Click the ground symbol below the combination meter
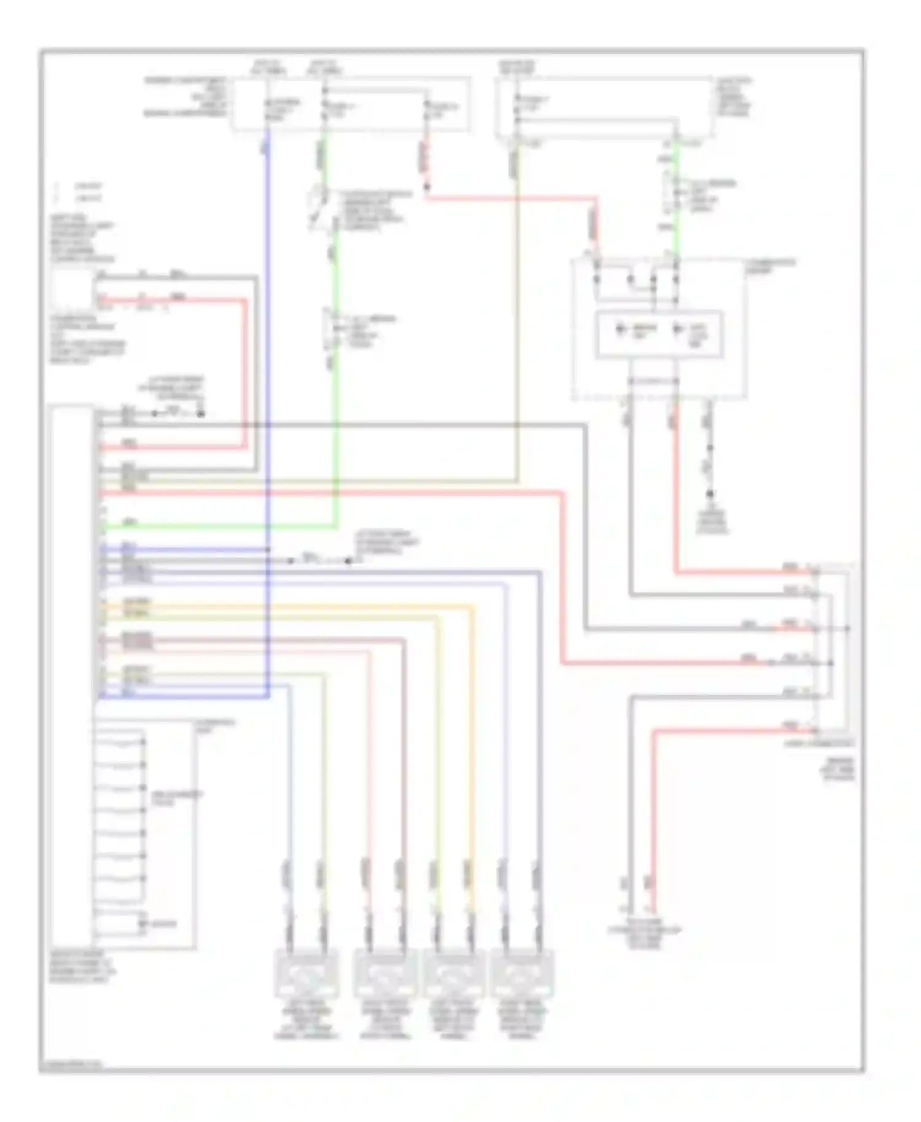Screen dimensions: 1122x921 (710, 494)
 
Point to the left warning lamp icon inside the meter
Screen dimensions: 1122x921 (621, 330)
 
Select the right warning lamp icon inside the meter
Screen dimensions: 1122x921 (678, 330)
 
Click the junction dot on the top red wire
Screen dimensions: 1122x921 (426, 186)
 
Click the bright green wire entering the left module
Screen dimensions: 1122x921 (215, 527)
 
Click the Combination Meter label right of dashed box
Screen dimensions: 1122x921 (770, 265)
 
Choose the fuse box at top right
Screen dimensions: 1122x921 (605, 107)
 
